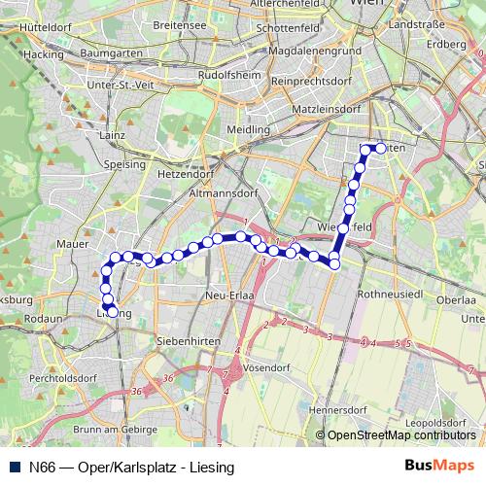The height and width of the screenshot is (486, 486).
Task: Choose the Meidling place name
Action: (248, 128)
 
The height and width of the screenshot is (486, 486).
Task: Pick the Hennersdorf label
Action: (338, 409)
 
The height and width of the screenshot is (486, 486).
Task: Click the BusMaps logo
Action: (439, 467)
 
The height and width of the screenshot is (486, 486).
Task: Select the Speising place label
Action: (121, 165)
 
